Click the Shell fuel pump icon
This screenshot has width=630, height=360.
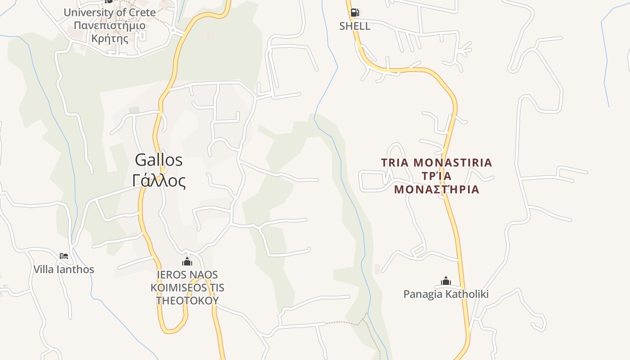(x=355, y=13)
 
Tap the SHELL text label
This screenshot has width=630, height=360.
(x=355, y=26)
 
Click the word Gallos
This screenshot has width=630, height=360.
(x=159, y=160)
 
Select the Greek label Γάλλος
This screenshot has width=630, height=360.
(x=159, y=181)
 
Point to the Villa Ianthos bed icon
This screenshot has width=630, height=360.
(x=64, y=256)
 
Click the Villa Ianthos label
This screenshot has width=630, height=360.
(x=64, y=270)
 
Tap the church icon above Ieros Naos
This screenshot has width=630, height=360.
(x=187, y=261)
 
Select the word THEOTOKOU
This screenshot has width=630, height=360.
(x=187, y=300)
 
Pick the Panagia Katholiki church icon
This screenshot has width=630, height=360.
(x=446, y=281)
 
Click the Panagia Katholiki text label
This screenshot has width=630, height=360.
(x=446, y=294)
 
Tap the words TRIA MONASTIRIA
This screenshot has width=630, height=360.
(x=436, y=162)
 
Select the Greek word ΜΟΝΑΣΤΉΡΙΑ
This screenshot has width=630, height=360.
(x=436, y=189)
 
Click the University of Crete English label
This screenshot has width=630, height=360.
(x=109, y=13)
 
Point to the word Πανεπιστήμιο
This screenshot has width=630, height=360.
(x=109, y=25)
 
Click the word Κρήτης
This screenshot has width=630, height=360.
(x=109, y=38)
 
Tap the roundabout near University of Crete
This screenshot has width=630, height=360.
(x=173, y=30)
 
